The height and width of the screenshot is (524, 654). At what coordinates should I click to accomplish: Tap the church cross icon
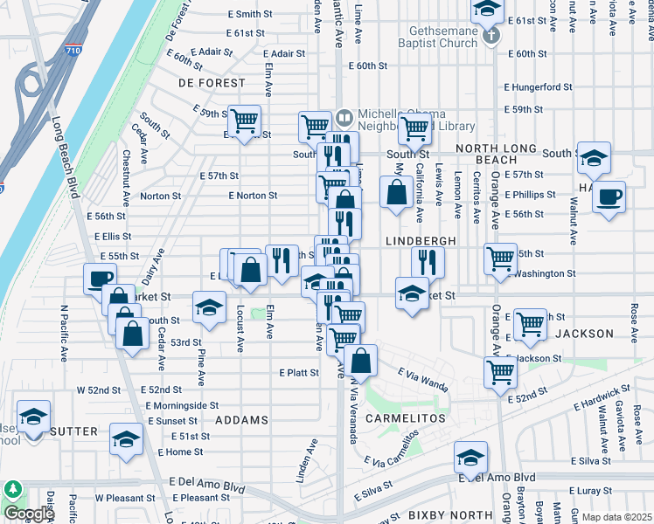491,36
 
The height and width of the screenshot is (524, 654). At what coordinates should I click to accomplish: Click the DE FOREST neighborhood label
212,83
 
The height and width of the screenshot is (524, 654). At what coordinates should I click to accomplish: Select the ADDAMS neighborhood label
241,420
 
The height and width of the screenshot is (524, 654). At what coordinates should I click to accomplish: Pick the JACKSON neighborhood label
585,334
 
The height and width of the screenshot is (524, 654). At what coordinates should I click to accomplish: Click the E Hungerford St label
539,87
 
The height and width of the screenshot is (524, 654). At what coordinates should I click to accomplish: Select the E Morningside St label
182,406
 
